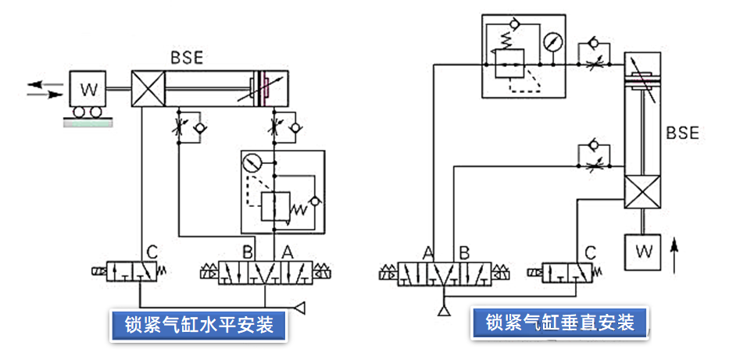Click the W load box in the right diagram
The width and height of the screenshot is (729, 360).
pos(643,251)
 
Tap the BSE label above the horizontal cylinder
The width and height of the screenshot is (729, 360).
pos(188,56)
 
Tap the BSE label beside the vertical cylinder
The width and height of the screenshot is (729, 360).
pos(682,133)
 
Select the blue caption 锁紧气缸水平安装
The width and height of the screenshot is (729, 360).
pos(199,324)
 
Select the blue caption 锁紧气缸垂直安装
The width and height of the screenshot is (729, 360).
pos(559,322)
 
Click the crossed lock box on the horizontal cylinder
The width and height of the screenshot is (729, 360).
pos(149,87)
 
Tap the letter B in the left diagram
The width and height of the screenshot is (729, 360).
pos(248,252)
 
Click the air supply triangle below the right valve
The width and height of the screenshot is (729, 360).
pos(445,312)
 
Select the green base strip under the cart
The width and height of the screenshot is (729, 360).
pos(88,123)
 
